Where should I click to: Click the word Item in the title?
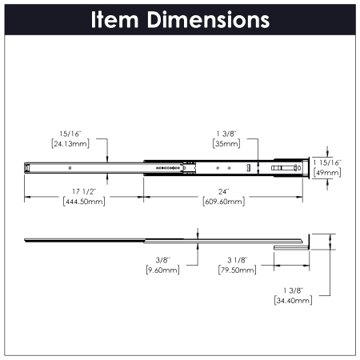point(114,20)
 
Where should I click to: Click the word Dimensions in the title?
point(208,20)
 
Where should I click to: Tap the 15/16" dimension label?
point(70,134)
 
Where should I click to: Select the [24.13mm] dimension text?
point(70,144)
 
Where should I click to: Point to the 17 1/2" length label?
point(84,191)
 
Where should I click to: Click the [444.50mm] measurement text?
point(84,202)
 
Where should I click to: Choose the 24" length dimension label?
point(224,191)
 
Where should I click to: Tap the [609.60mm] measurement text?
point(224,202)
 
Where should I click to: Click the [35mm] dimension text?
point(226,144)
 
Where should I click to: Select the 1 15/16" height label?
point(327,162)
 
